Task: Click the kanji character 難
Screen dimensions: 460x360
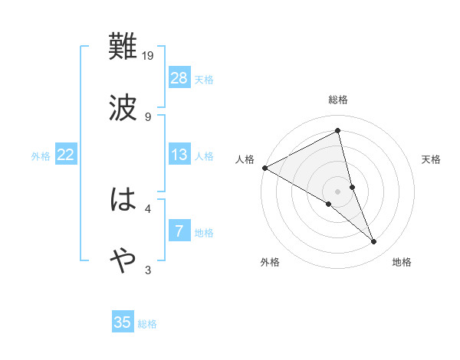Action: point(123,47)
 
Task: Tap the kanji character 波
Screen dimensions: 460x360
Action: point(123,108)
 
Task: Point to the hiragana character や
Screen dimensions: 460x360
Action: point(123,261)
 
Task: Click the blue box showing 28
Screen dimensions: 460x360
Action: point(179,78)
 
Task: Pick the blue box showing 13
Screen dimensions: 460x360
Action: point(179,155)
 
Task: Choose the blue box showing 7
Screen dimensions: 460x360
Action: point(179,231)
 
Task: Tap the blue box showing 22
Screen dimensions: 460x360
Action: point(65,155)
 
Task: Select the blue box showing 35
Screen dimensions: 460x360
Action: point(123,322)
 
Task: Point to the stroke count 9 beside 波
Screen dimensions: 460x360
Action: point(148,116)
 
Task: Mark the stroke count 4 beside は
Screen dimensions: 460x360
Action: point(148,208)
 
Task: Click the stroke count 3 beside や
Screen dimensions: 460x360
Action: point(148,269)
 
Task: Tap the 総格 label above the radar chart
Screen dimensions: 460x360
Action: point(338,100)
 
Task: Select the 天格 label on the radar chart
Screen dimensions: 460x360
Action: point(432,159)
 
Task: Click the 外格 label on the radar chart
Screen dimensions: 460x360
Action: point(270,262)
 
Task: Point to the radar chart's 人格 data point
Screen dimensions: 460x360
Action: point(264,168)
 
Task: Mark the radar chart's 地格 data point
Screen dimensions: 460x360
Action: point(374,242)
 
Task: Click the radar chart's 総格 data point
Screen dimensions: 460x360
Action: point(338,130)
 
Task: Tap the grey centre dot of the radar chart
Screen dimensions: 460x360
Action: point(338,191)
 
